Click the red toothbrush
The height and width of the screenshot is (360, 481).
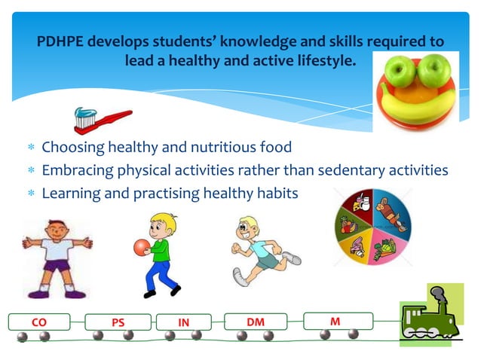tap(102, 119)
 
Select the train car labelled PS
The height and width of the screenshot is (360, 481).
tap(118, 322)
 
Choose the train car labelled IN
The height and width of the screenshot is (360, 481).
tap(183, 322)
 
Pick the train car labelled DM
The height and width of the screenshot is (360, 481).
tap(256, 322)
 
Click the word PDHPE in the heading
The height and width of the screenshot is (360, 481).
tap(63, 41)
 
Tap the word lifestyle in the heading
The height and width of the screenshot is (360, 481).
tap(323, 60)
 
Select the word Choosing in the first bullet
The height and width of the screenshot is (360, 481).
tap(74, 146)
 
